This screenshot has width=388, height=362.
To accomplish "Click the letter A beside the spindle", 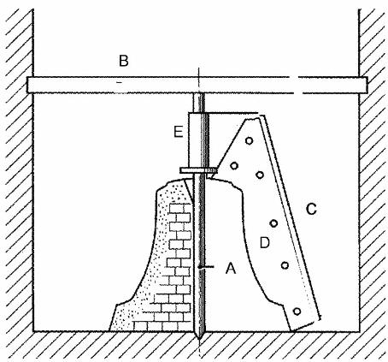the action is click(x=231, y=268).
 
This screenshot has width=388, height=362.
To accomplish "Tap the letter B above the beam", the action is click(x=124, y=61).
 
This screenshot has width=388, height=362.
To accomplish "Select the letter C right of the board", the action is click(x=311, y=209).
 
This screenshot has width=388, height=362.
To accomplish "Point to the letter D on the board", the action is click(x=265, y=243).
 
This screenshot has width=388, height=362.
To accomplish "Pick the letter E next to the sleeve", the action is click(x=179, y=132).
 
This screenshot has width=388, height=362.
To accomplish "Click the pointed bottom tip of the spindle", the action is click(x=199, y=339).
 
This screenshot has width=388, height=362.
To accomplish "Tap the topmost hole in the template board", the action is click(x=250, y=140).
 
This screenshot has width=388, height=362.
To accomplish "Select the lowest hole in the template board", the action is click(x=297, y=312).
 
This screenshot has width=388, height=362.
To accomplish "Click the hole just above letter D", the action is click(x=273, y=223).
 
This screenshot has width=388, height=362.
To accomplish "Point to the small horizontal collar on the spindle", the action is click(x=198, y=170).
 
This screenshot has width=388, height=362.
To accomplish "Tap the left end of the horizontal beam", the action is click(x=27, y=85).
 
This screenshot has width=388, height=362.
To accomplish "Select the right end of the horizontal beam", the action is click(x=366, y=85).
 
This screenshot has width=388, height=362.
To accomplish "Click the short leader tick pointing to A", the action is click(x=207, y=267).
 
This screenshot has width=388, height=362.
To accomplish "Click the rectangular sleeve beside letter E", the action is click(x=198, y=140).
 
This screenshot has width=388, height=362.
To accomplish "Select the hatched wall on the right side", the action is click(x=373, y=171).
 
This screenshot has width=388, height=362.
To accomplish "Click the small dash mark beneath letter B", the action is click(x=120, y=82).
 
